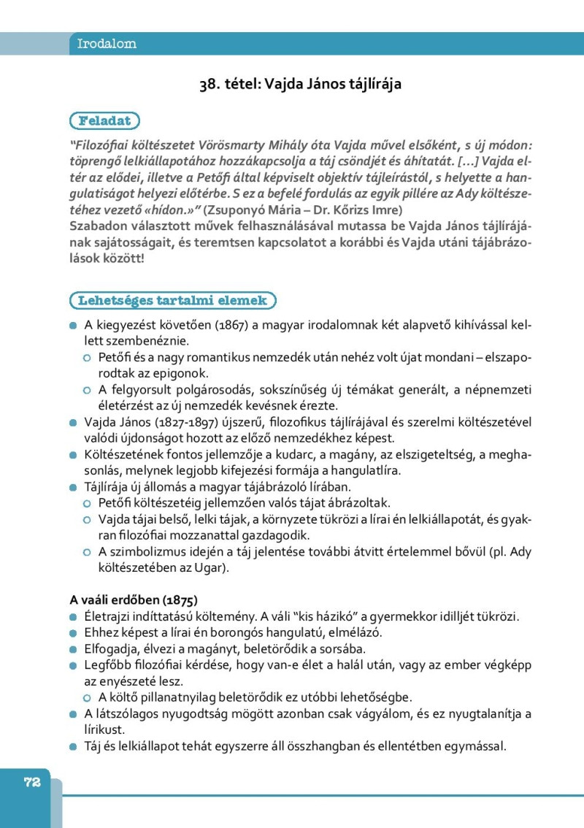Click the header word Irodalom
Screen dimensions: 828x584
(107, 44)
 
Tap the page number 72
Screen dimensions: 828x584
(31, 782)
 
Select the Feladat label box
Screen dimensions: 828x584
(104, 120)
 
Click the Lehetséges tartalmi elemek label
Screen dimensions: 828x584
(173, 300)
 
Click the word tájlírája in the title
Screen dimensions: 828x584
(372, 84)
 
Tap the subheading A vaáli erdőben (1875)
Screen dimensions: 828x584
(134, 600)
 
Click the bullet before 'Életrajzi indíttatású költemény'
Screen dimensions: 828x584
(73, 617)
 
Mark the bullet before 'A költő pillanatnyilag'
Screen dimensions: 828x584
(87, 697)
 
